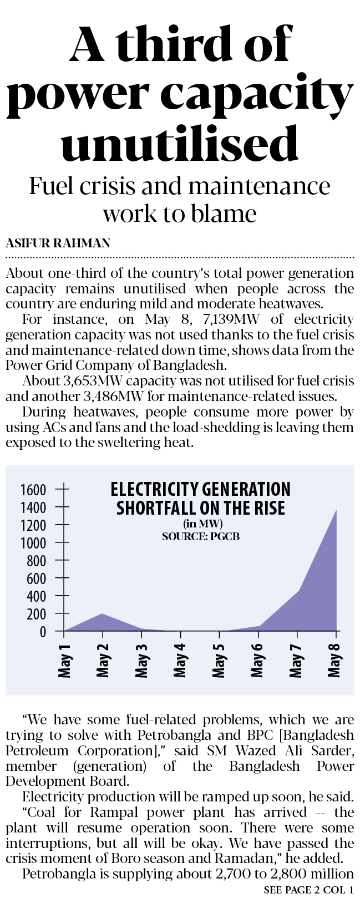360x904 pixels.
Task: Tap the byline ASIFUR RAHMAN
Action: point(58,243)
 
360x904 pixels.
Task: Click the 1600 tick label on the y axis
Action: point(33,490)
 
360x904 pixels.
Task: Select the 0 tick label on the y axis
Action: point(43,632)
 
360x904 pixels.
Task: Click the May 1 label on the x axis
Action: point(65,661)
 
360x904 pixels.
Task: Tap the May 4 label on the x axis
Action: point(180,661)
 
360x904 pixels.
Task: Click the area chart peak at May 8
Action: point(336,511)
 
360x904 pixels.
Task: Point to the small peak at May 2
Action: point(103,614)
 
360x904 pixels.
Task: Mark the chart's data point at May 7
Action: point(298,591)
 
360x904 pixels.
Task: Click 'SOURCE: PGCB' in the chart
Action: point(201,536)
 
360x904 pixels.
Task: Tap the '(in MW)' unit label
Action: point(202,524)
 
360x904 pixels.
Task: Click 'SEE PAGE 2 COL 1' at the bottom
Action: point(308,891)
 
